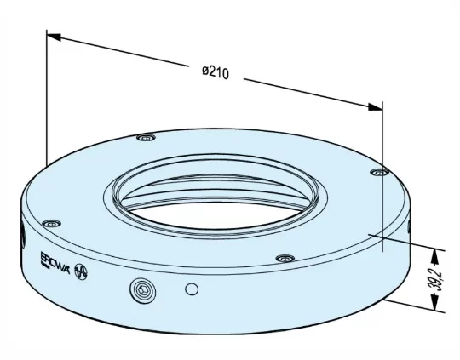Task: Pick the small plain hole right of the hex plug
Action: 192,289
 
